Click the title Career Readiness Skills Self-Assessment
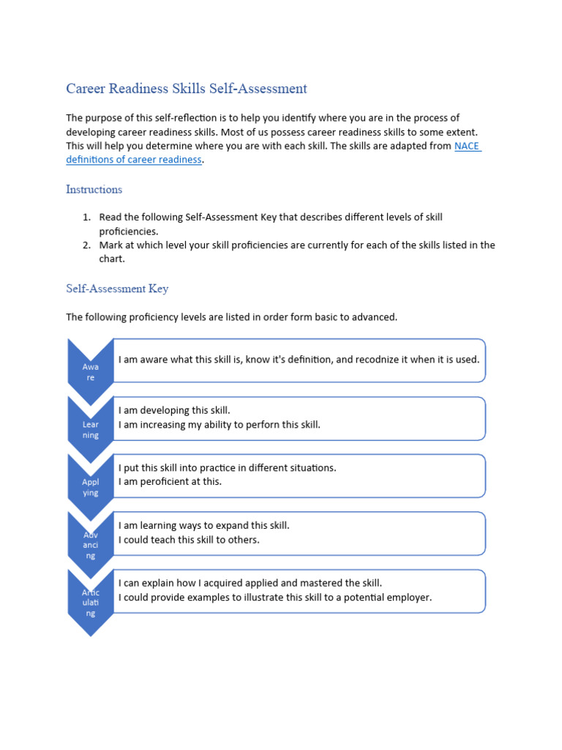187,89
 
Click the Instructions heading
94,190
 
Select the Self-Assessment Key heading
117,289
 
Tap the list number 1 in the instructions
86,218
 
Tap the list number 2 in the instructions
86,245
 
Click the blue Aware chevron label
90,371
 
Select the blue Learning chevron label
90,429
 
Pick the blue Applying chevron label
90,487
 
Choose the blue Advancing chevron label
90,545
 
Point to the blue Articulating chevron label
90,603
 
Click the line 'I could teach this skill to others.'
189,540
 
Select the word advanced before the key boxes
373,317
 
